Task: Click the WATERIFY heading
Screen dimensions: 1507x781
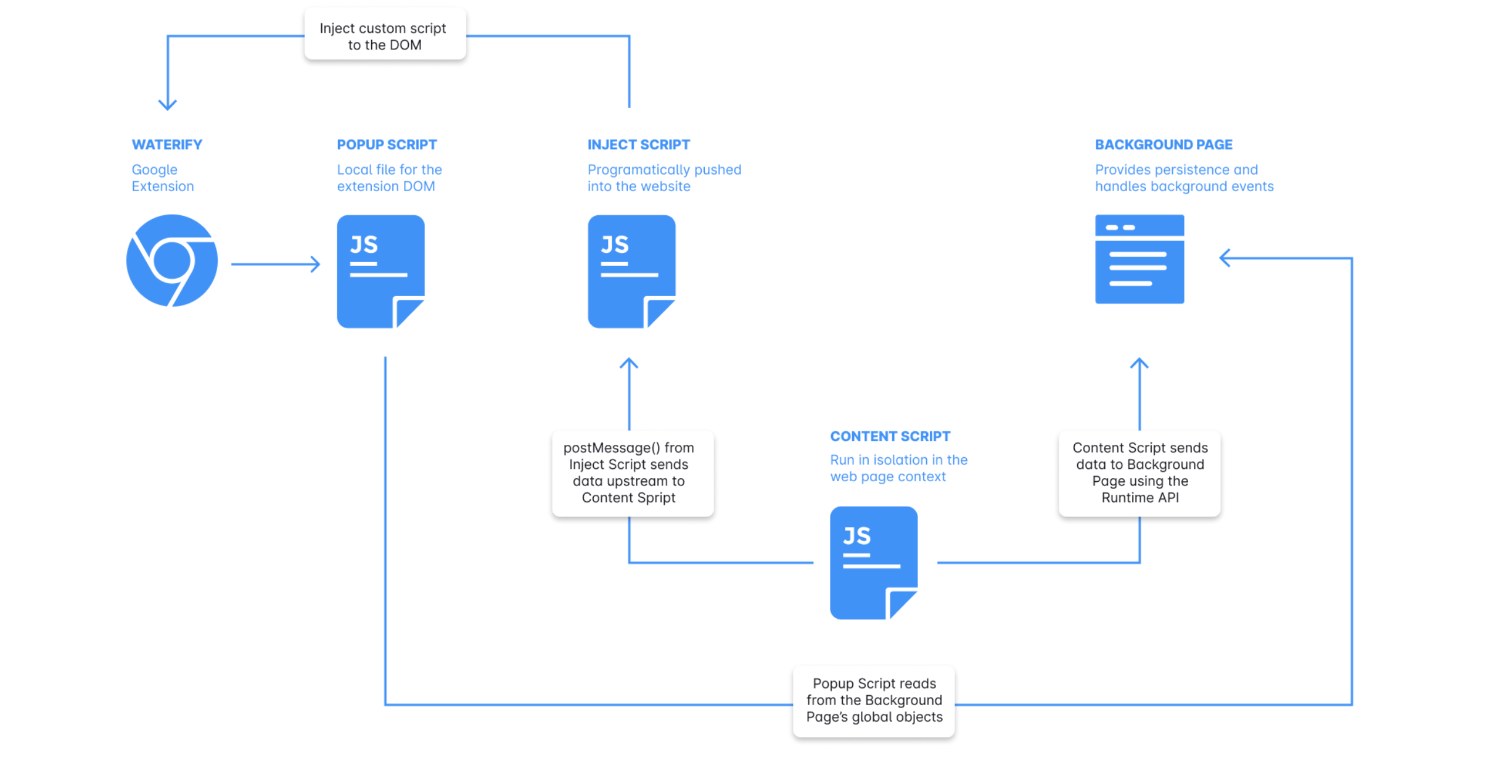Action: [x=167, y=144]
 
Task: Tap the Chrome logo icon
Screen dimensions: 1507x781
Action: [x=172, y=260]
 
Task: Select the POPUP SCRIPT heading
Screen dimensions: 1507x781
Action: [x=387, y=144]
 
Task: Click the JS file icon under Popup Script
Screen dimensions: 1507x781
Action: [x=380, y=271]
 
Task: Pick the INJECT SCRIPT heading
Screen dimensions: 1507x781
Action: [x=639, y=144]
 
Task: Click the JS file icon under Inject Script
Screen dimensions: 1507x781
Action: [x=631, y=271]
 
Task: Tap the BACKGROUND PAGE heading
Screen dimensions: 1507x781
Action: [x=1164, y=144]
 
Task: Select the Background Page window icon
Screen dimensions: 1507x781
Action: [x=1139, y=259]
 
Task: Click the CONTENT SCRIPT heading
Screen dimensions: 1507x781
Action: [x=890, y=436]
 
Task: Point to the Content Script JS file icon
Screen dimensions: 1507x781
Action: [x=874, y=563]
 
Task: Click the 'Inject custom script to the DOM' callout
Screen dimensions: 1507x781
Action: [x=385, y=36]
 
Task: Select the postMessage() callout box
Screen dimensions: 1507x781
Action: [x=633, y=473]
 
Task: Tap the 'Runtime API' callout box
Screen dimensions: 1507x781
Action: [x=1139, y=473]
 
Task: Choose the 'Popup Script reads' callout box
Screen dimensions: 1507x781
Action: [x=874, y=701]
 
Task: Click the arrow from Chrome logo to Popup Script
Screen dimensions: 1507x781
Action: [x=276, y=265]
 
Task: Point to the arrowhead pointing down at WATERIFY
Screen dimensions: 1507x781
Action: [x=168, y=104]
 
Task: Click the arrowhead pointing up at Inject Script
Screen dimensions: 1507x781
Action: [x=629, y=363]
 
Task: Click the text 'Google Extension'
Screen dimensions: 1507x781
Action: [x=163, y=178]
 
